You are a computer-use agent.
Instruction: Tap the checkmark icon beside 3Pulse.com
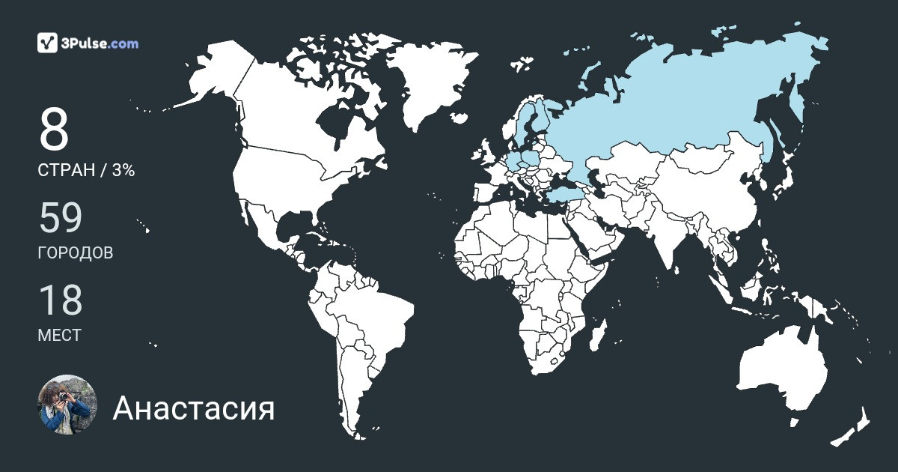[47, 43]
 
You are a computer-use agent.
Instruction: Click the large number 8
[54, 130]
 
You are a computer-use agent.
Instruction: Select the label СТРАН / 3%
[86, 171]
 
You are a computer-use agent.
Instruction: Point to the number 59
[60, 218]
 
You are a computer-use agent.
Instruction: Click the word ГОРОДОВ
[76, 253]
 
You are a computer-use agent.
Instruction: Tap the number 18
[60, 300]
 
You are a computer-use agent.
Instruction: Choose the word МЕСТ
[59, 336]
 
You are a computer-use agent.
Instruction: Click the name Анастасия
[194, 409]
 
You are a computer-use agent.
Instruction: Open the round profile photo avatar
[67, 405]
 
